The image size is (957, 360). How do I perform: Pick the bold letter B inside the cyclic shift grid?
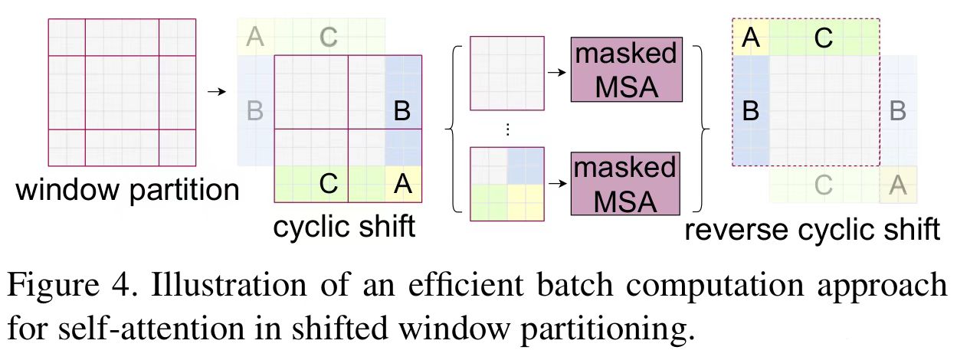pyautogui.click(x=401, y=112)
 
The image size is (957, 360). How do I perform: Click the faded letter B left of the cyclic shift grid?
pyautogui.click(x=255, y=112)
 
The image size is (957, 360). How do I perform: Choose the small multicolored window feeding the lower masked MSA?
pyautogui.click(x=506, y=184)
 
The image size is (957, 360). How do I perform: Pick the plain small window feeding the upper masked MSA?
pyautogui.click(x=506, y=74)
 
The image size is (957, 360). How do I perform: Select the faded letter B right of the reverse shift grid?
pyautogui.click(x=898, y=112)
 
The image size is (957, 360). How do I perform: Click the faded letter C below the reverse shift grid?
pyautogui.click(x=824, y=185)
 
